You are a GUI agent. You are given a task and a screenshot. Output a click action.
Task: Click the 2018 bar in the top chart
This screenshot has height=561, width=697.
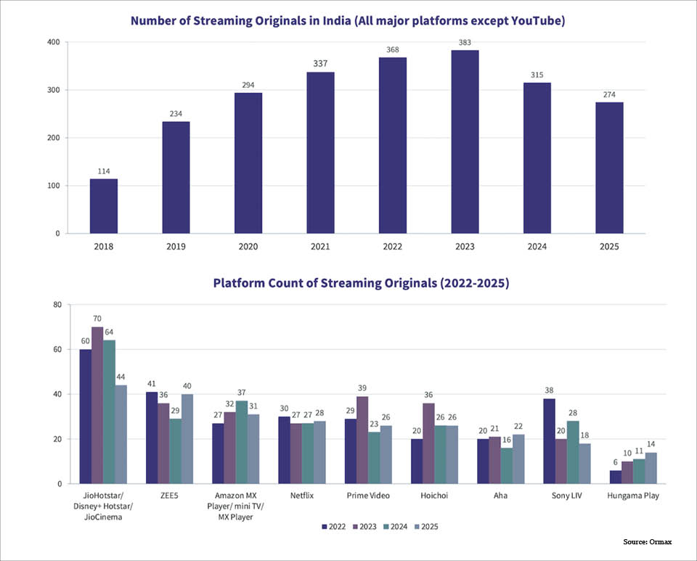point(104,206)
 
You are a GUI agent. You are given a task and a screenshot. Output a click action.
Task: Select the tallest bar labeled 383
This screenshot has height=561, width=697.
point(464,142)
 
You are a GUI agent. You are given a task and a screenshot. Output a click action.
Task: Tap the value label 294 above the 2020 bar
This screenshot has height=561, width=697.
point(248,86)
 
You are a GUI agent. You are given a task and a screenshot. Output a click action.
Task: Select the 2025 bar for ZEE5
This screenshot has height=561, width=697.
point(187,439)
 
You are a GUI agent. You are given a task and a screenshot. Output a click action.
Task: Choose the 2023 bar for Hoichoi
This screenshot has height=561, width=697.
point(428,443)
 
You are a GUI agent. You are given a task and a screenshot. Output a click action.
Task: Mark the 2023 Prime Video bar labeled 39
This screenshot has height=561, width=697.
point(362,440)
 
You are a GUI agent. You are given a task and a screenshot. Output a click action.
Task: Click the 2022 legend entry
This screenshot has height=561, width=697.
point(334,526)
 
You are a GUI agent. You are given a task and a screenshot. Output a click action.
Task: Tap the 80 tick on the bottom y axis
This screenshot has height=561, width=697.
point(57,305)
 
